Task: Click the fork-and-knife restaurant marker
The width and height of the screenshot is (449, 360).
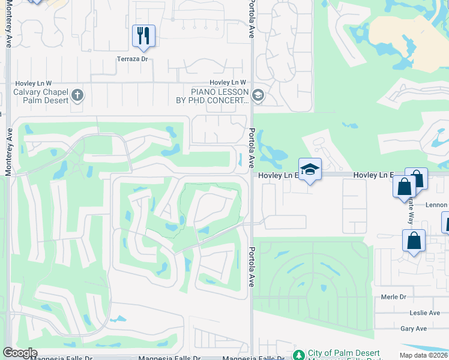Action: tap(143, 35)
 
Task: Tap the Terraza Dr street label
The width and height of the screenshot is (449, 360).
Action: tap(132, 59)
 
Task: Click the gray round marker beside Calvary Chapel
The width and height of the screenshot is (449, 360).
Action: tap(77, 95)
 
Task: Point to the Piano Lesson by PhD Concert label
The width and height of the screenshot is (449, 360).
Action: tap(220, 96)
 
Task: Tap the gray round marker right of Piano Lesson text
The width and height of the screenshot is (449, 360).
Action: tap(258, 95)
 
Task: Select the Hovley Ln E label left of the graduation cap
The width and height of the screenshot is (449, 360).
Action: tap(278, 175)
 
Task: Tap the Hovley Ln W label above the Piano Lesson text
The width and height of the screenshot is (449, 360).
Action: tap(228, 83)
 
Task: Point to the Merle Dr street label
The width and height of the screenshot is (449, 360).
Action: tap(394, 297)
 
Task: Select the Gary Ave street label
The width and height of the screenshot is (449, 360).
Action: tap(413, 328)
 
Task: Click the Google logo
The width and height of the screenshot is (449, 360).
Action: tap(20, 353)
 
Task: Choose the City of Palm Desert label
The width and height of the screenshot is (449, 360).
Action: tap(343, 353)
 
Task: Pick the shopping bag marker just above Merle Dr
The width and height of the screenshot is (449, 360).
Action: tap(414, 241)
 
